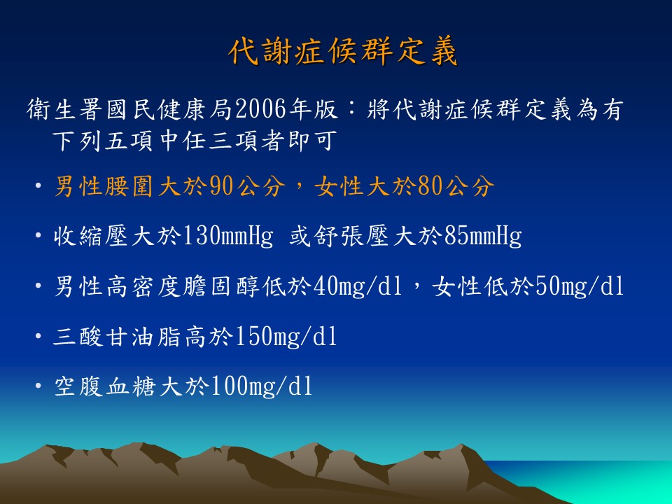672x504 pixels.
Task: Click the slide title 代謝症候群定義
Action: pyautogui.click(x=343, y=52)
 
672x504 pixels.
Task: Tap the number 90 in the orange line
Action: pyautogui.click(x=222, y=186)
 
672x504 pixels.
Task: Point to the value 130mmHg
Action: pyautogui.click(x=227, y=236)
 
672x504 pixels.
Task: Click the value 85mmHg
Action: pyautogui.click(x=483, y=236)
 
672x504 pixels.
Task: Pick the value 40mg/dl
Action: pyautogui.click(x=358, y=286)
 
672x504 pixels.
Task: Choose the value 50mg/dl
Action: pyautogui.click(x=580, y=286)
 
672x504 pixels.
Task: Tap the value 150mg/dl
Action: pyautogui.click(x=286, y=337)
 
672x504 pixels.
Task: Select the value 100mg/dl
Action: pyautogui.click(x=261, y=386)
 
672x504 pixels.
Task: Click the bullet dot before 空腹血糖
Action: pyautogui.click(x=38, y=386)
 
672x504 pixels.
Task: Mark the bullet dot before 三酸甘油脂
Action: pyautogui.click(x=38, y=337)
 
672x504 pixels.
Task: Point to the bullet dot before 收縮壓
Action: pyautogui.click(x=38, y=236)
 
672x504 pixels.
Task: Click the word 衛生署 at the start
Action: pyautogui.click(x=65, y=109)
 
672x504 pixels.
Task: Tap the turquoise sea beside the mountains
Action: pyautogui.click(x=600, y=480)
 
